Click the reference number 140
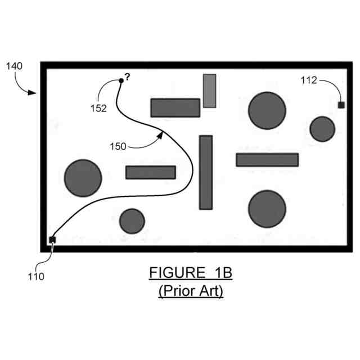coord(14,66)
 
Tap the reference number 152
coord(98,109)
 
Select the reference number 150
coord(118,146)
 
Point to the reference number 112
coord(309,80)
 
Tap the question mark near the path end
coord(128,77)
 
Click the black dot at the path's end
coord(121,81)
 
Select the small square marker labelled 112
coord(341,105)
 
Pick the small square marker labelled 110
coord(52,240)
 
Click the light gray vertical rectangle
coord(209,90)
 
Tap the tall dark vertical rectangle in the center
coord(206,172)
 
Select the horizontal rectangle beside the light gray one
coord(175,107)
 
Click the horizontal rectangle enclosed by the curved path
coord(150,172)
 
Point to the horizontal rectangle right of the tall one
coord(267,160)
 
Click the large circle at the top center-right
coord(267,110)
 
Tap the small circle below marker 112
coord(322,129)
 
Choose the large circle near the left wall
coord(83,178)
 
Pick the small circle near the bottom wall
coord(132,221)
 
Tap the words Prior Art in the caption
coord(191,291)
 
